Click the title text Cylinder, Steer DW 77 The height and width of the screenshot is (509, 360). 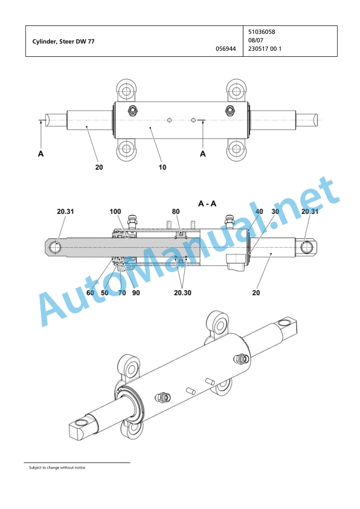click(63, 42)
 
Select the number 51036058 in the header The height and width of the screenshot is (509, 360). click(262, 32)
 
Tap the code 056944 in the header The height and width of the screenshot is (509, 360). click(226, 49)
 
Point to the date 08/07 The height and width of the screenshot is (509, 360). click(256, 41)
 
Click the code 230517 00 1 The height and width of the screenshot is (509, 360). click(265, 49)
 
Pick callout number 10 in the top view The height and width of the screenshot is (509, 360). click(162, 167)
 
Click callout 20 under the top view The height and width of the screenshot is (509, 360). click(99, 167)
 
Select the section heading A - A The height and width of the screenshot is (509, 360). click(207, 204)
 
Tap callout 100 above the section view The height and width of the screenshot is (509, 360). click(115, 212)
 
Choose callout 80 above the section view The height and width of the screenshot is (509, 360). click(176, 212)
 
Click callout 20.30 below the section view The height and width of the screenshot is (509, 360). click(182, 293)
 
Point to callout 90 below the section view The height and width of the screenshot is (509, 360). click(136, 293)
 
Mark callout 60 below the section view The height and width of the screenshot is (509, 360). click(90, 293)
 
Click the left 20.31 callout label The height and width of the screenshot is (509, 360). click(65, 212)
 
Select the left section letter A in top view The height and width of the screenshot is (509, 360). click(41, 154)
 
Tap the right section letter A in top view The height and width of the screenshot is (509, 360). click(203, 154)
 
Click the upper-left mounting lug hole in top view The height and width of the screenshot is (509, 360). click(126, 89)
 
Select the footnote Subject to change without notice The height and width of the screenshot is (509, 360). click(57, 467)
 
